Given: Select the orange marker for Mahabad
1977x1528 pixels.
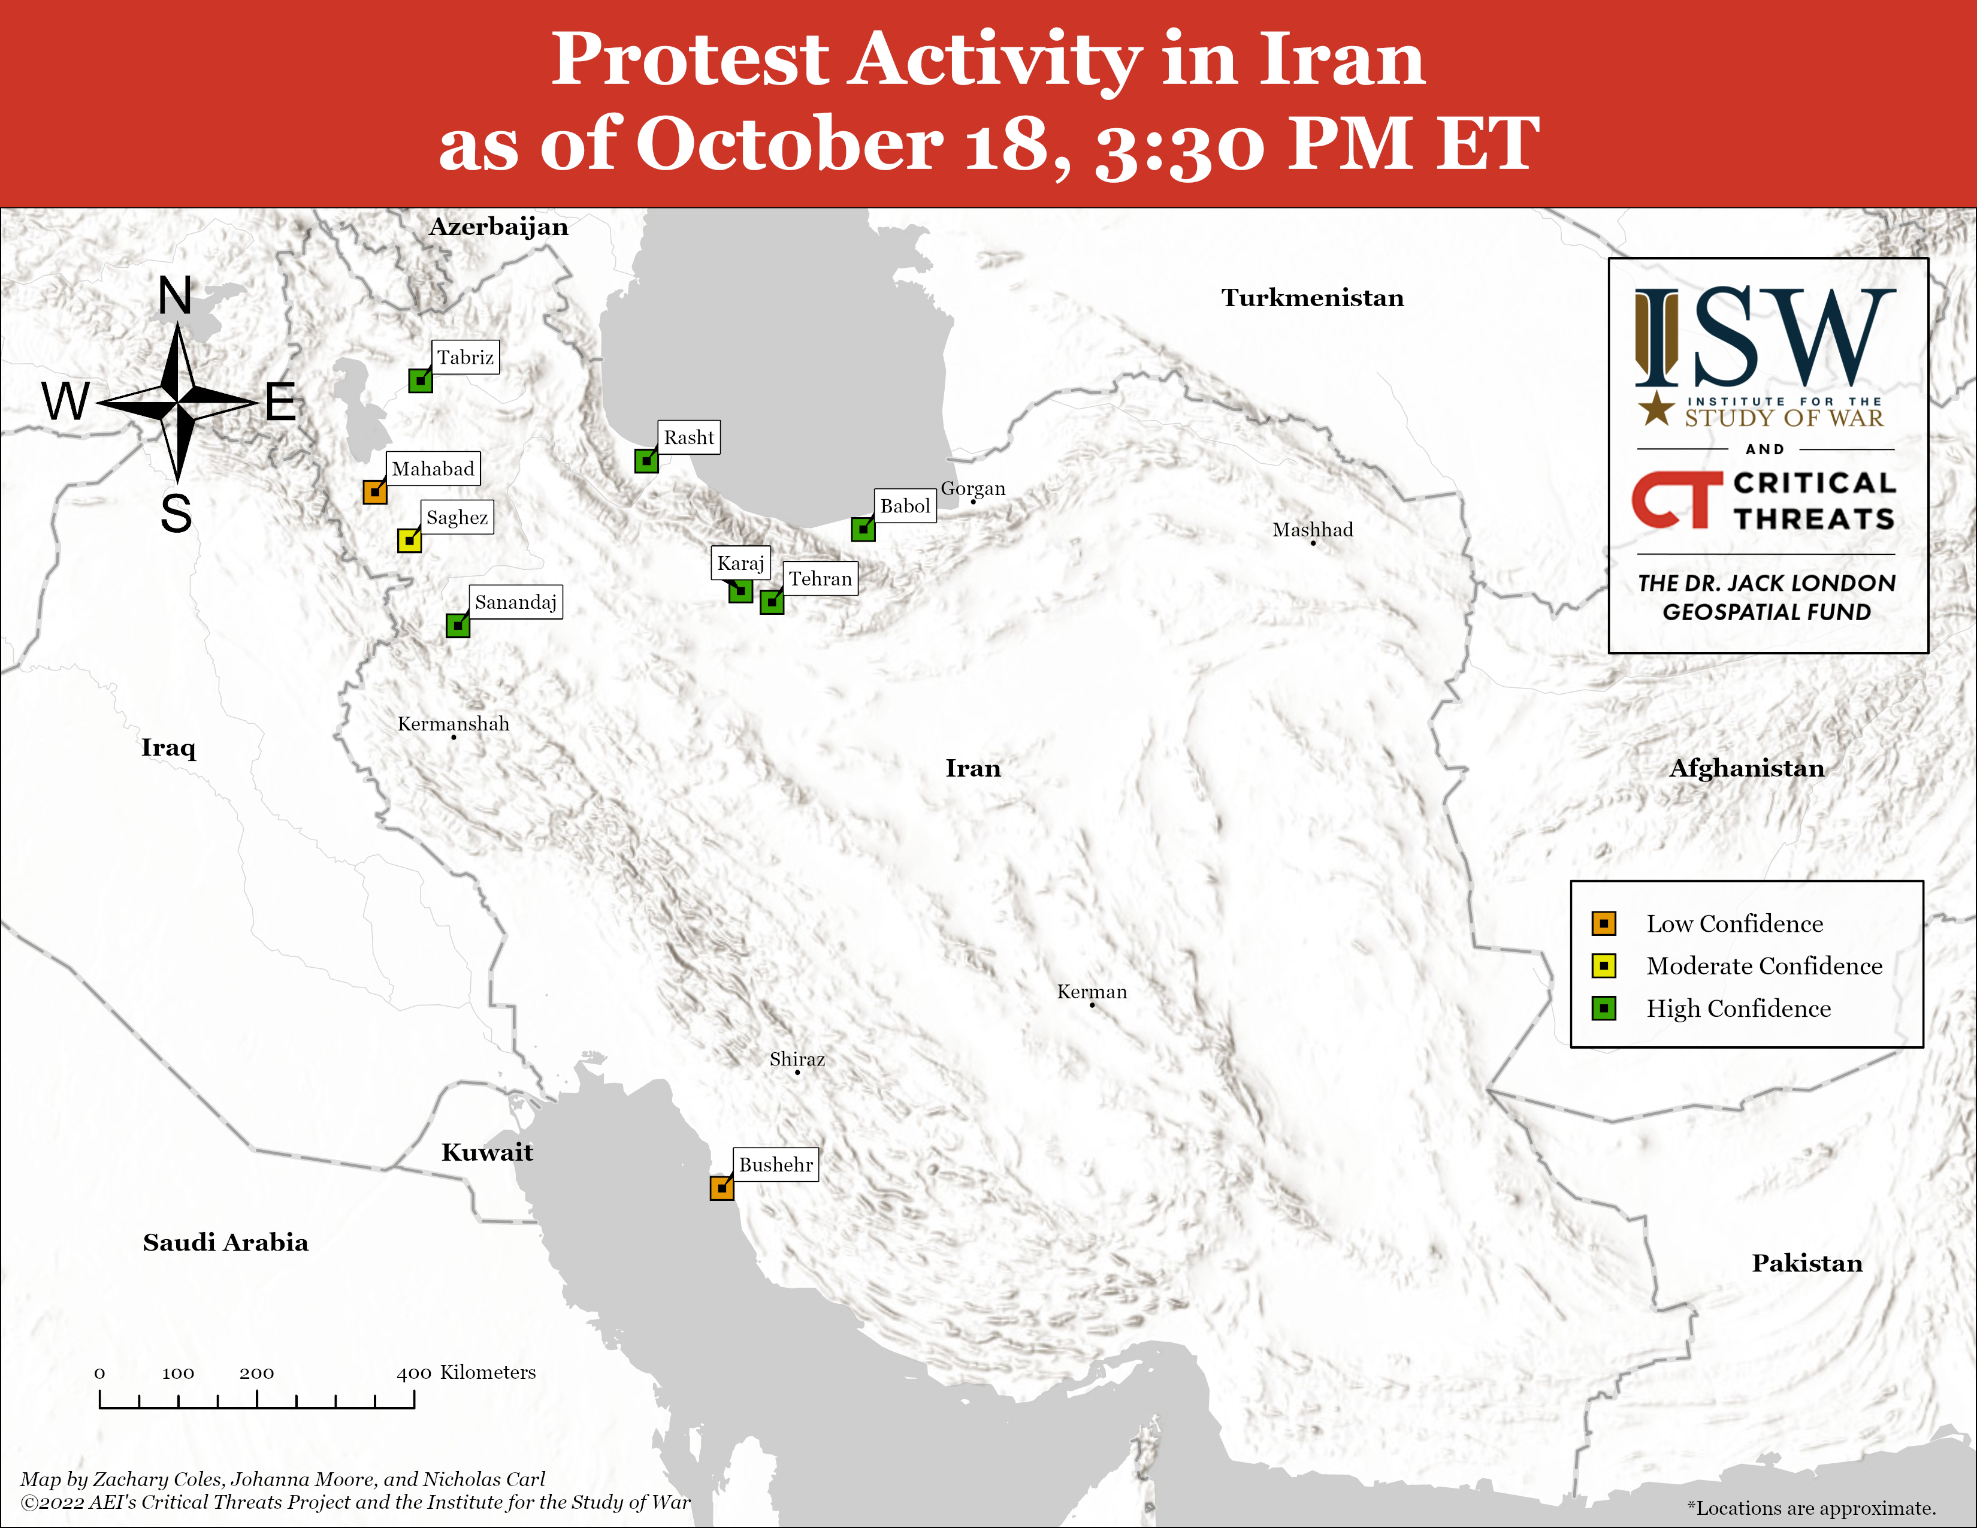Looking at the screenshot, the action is (x=375, y=491).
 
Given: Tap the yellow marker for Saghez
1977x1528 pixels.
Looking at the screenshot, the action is (x=409, y=540).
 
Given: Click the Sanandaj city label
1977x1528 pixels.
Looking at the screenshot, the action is (x=516, y=602).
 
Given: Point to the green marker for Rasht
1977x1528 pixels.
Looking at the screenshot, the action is (x=646, y=461).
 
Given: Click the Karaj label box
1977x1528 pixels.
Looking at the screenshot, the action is (x=740, y=563).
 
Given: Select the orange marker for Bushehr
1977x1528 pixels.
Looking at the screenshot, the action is (x=721, y=1188).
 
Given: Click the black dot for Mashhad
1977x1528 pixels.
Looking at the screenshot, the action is (x=1313, y=543).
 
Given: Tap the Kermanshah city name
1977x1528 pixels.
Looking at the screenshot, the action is (x=454, y=724).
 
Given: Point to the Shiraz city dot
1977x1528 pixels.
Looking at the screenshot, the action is (x=797, y=1073).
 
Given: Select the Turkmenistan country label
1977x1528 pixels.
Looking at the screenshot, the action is (x=1313, y=298).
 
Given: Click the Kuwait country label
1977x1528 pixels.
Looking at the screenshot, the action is (x=487, y=1152).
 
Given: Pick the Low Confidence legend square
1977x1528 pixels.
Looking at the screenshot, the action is (x=1603, y=923).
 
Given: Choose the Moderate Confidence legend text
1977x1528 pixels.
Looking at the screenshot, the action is (x=1764, y=966).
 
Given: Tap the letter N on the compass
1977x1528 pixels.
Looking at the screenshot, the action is (x=176, y=296).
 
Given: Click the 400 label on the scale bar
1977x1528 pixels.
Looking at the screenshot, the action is (x=414, y=1373).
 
